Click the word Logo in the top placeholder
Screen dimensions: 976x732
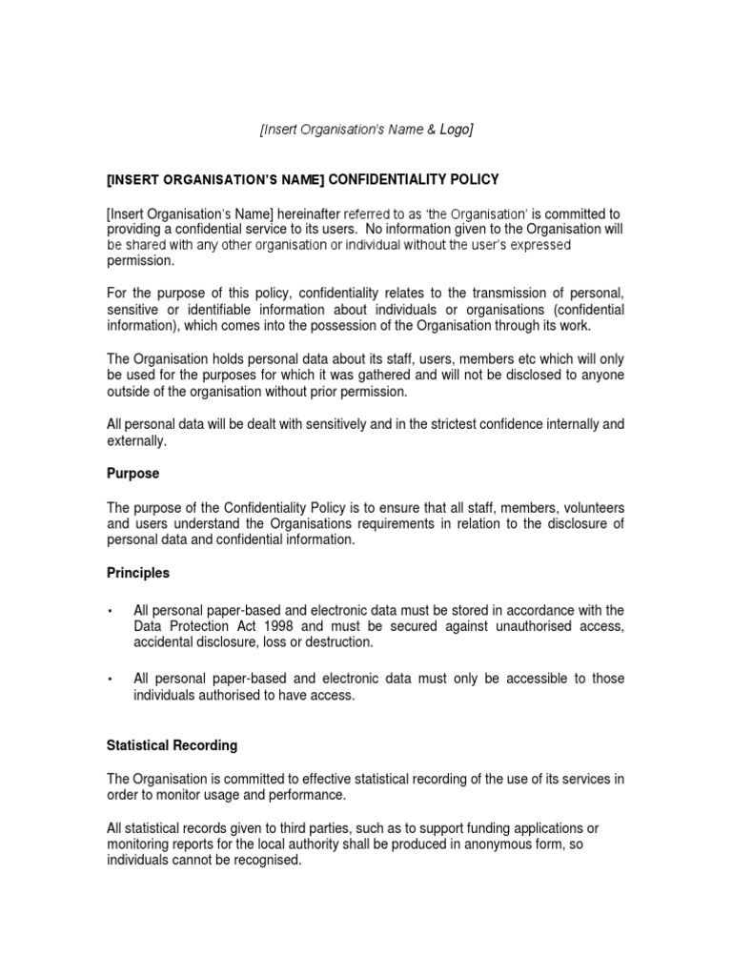pyautogui.click(x=454, y=131)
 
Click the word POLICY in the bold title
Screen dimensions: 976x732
pyautogui.click(x=472, y=179)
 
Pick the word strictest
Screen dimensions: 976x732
pyautogui.click(x=438, y=424)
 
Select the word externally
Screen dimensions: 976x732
pyautogui.click(x=135, y=440)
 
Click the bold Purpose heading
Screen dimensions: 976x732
pyautogui.click(x=132, y=474)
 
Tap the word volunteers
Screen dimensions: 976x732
pyautogui.click(x=590, y=507)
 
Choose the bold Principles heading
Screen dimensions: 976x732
pyautogui.click(x=138, y=573)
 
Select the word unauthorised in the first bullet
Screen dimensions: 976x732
pyautogui.click(x=527, y=626)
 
